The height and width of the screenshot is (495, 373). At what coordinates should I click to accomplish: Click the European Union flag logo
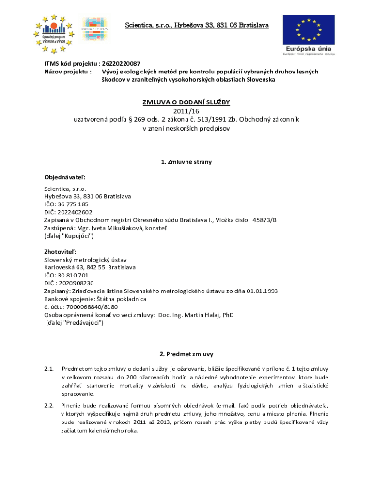coord(308,29)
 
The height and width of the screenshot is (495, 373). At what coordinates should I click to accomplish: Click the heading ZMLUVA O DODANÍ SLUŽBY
coord(186,102)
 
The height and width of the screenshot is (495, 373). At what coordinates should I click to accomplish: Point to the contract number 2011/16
coord(186,111)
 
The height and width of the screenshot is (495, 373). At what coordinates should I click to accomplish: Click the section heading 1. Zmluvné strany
coord(186,162)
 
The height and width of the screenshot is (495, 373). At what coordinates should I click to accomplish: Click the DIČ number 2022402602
coord(74,212)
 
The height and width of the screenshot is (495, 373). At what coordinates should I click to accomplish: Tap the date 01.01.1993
coord(262,291)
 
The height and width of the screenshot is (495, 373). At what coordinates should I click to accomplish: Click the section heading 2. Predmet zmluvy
coord(186,354)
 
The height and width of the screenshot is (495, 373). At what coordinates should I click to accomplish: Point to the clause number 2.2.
coord(48,405)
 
